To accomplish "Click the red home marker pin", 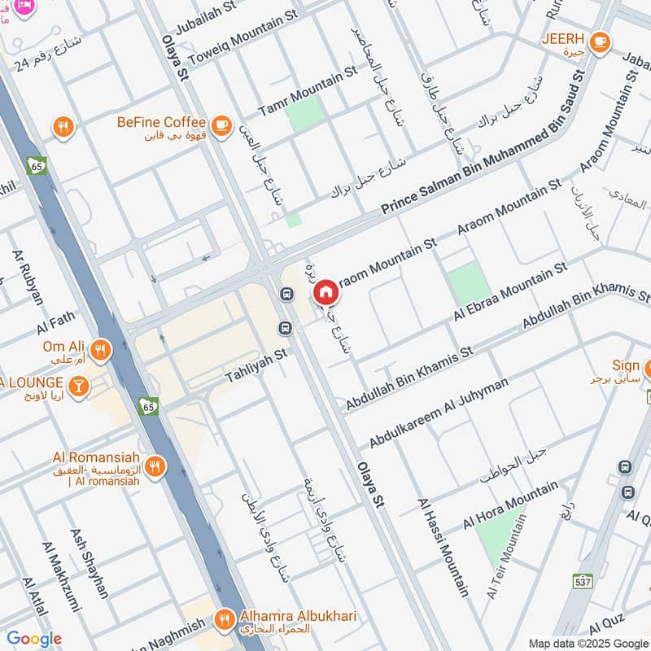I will point(325,291).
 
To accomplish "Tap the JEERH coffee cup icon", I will point(600,41).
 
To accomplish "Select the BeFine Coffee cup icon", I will point(221,124).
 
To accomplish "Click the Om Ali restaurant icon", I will point(101,350).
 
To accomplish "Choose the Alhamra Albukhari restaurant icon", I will point(224,620).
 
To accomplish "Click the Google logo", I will point(34,639).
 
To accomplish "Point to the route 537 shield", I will point(582,581).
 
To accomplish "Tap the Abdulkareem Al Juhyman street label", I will point(439,413).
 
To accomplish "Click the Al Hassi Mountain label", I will point(444,548).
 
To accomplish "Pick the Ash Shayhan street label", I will point(90,563).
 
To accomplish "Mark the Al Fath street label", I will point(55,323).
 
